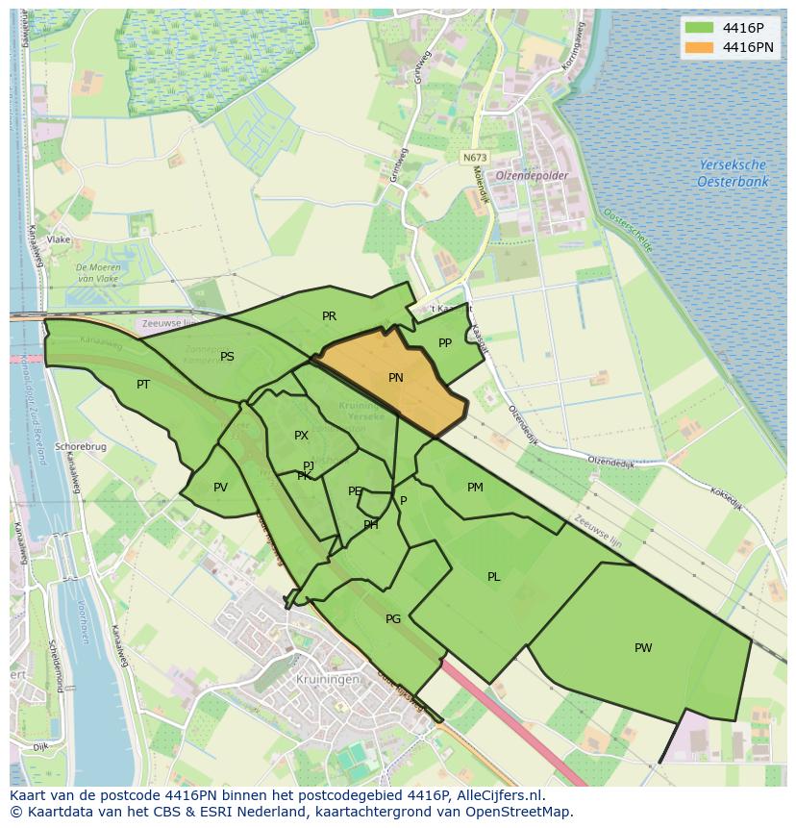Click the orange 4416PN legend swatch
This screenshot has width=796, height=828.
(x=700, y=47)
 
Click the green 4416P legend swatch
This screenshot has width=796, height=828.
(x=700, y=27)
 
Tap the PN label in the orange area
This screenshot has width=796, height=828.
(x=395, y=378)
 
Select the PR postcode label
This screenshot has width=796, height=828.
(x=329, y=315)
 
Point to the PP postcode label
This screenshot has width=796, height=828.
(x=445, y=342)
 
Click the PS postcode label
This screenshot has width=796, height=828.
(x=227, y=356)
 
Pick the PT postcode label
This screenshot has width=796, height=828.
(x=143, y=384)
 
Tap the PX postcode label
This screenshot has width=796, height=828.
(x=301, y=436)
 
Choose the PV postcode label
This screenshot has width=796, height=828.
(x=220, y=487)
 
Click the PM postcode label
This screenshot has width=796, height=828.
(x=475, y=487)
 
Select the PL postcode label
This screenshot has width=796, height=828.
(x=493, y=577)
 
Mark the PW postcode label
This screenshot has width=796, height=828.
(x=643, y=647)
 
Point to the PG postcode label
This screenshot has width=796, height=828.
(x=392, y=618)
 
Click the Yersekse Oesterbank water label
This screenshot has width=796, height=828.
(x=733, y=173)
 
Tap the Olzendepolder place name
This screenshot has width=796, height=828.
(x=532, y=176)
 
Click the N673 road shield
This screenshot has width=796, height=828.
(x=474, y=158)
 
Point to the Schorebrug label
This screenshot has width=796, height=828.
(x=80, y=447)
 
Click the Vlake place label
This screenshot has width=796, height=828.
(x=59, y=239)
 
